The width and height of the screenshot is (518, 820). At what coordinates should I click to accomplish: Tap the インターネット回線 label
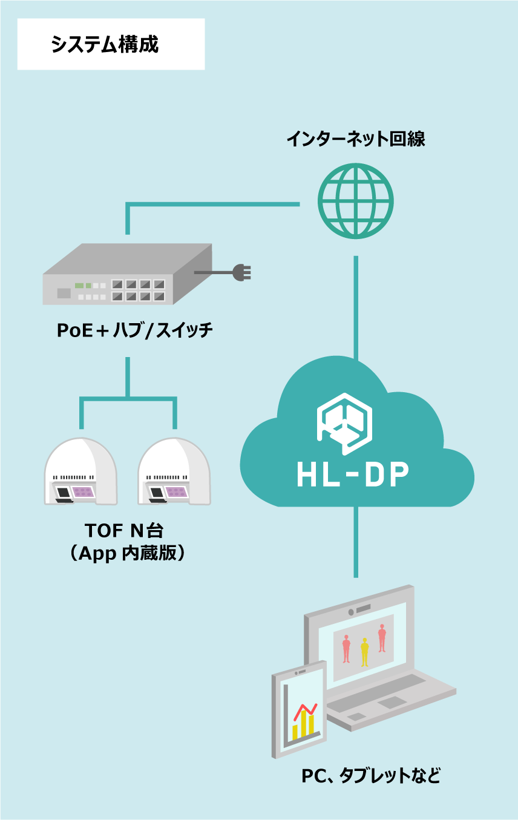(356, 139)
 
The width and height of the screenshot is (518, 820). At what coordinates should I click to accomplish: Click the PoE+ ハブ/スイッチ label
(134, 330)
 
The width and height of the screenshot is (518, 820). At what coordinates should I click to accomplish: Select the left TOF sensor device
(80, 472)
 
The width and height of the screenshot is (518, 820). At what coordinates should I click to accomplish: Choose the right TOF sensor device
(174, 472)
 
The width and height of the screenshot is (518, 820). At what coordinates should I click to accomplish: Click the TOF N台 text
(124, 530)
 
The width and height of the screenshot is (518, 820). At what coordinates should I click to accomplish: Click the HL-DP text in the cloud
(353, 475)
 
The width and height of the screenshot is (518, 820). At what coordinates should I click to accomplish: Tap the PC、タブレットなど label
(371, 776)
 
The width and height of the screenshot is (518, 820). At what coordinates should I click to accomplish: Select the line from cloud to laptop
(356, 542)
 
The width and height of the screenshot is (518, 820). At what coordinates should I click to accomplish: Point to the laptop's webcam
(351, 612)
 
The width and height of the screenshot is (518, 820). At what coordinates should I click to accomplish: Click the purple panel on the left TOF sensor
(82, 492)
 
